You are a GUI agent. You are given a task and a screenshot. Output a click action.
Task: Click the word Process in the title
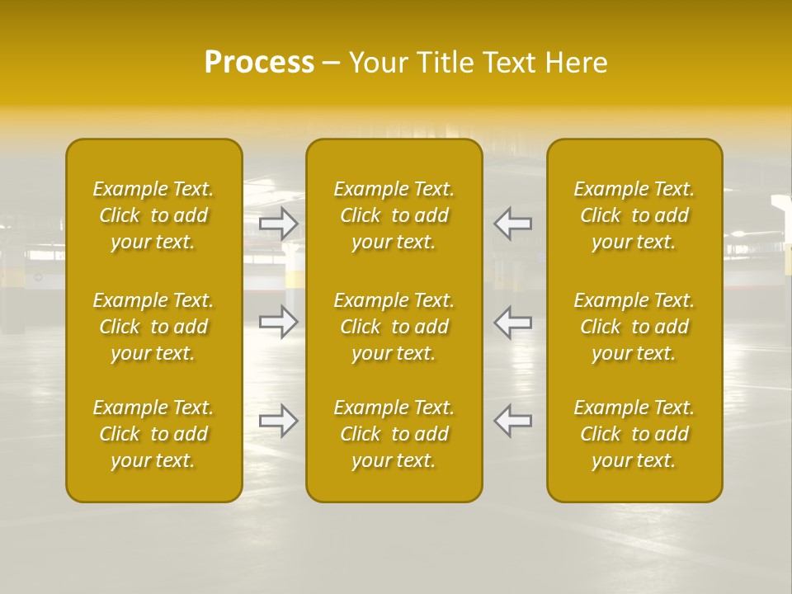[x=259, y=63]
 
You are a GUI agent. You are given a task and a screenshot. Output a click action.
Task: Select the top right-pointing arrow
[x=279, y=224]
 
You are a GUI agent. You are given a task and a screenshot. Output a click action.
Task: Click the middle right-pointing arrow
[x=279, y=321]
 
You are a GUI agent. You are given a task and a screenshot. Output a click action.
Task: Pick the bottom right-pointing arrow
[x=279, y=421]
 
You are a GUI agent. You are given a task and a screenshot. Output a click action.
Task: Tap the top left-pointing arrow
[x=512, y=224]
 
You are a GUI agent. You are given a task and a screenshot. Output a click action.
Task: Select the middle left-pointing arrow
[x=512, y=321]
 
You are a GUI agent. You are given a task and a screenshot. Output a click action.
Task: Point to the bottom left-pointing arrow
[x=512, y=421]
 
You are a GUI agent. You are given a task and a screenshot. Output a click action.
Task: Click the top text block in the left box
[x=153, y=215]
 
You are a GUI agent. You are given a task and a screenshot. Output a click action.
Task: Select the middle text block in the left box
[x=153, y=327]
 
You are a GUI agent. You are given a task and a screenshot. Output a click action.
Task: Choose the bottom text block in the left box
[x=153, y=434]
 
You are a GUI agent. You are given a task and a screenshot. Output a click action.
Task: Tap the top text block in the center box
[x=394, y=215]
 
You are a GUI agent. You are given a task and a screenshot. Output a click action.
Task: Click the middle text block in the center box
[x=394, y=327]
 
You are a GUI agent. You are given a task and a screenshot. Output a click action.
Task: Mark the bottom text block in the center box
[x=394, y=434]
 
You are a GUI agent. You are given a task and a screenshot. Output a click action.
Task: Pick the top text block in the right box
[x=634, y=215]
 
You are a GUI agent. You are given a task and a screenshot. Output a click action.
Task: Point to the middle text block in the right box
[x=634, y=327]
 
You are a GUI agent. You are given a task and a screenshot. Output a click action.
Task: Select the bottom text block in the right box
[x=634, y=434]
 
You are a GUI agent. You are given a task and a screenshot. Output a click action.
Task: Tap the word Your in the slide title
[x=377, y=63]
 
